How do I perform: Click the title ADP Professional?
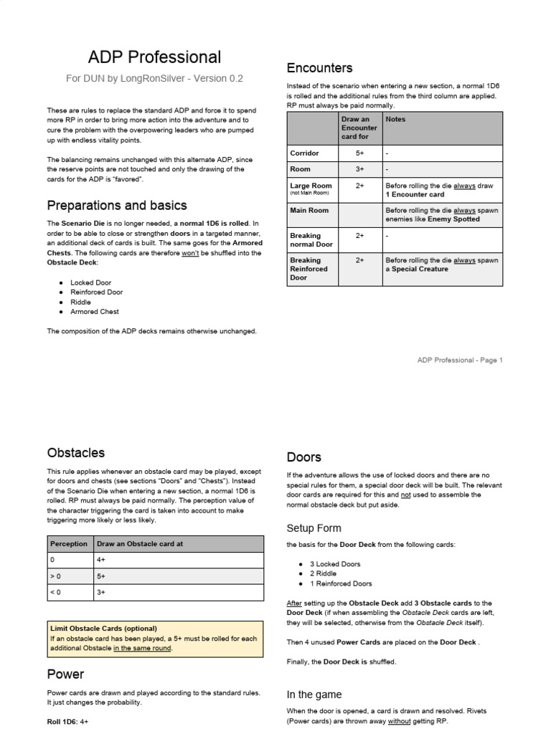point(154,57)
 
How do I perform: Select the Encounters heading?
point(319,68)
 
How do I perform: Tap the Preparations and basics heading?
point(117,206)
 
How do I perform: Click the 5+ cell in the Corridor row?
point(359,153)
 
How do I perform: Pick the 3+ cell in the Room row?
point(359,169)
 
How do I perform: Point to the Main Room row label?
point(309,211)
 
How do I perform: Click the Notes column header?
point(395,120)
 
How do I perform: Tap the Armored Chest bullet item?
point(95,312)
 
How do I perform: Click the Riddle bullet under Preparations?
point(80,302)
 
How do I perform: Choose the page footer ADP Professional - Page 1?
point(460,360)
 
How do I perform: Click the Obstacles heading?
point(75,453)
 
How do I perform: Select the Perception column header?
point(69,544)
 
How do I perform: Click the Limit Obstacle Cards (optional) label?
point(103,629)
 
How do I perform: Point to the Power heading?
point(65,674)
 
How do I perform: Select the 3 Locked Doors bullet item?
point(336,565)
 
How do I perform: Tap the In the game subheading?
point(314,695)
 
